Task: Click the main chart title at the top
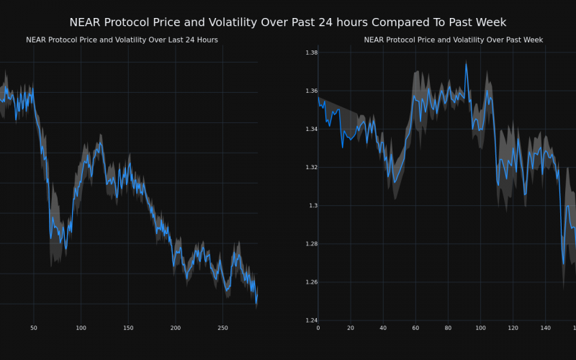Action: [288, 22]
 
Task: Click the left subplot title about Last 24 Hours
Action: [122, 40]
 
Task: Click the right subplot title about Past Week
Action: [453, 40]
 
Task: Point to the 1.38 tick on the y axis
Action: [312, 53]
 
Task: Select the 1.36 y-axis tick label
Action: [312, 91]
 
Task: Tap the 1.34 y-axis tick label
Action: [312, 130]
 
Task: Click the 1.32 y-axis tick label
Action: [312, 168]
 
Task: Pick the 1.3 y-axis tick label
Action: [314, 206]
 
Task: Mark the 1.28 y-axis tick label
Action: [312, 244]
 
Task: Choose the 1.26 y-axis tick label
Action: [312, 282]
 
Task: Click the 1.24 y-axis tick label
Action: [312, 320]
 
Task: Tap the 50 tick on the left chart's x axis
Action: [33, 328]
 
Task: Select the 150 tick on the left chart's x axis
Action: [128, 328]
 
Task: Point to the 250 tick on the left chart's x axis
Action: [222, 328]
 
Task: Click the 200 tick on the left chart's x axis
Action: [176, 328]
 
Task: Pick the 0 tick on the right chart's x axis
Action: [318, 328]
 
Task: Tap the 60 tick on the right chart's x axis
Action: [415, 328]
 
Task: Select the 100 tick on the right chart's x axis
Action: [480, 328]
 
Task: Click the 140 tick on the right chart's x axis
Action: [545, 328]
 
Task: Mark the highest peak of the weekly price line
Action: [466, 63]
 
